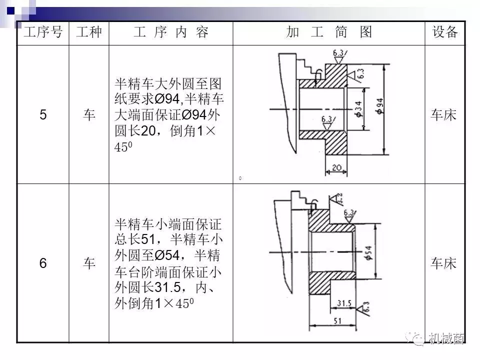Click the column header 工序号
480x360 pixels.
[x=43, y=32]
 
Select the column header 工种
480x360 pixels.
[x=88, y=32]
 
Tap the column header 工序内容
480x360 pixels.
[x=170, y=32]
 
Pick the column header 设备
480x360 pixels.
[x=444, y=32]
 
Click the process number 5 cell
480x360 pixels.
[x=43, y=115]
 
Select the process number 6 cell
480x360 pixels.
[x=43, y=263]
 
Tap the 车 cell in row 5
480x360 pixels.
[x=89, y=115]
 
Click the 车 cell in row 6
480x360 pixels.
[x=89, y=263]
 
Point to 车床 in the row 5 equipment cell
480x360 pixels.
[x=444, y=115]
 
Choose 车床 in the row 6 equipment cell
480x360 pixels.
[x=444, y=263]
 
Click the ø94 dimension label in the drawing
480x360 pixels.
[x=380, y=106]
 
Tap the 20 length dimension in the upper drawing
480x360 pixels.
[x=336, y=168]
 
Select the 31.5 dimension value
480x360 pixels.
[x=344, y=303]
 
